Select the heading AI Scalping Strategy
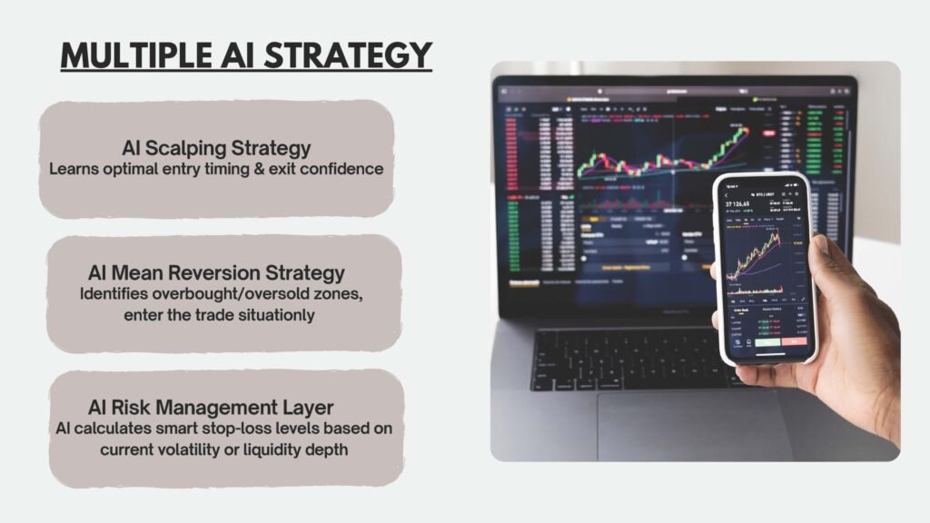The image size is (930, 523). pos(216,148)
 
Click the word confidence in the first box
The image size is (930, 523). pos(340,169)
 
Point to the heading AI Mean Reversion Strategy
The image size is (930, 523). pos(216,272)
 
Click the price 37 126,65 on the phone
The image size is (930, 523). pos(745,205)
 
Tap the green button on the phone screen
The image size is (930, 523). pos(767,341)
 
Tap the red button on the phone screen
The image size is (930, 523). pos(794,341)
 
